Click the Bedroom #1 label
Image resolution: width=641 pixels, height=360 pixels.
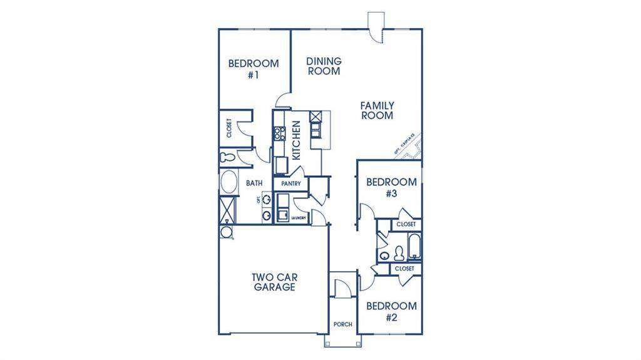[x=253, y=68]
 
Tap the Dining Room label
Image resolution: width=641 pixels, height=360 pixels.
[x=324, y=66]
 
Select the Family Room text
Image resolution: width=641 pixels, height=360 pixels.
[x=377, y=111]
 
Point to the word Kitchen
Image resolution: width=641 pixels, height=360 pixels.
[x=297, y=140]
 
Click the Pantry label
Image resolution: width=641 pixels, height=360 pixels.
[x=291, y=184]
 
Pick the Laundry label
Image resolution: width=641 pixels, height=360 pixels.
[x=298, y=217]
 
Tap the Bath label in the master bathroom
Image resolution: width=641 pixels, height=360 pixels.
[x=254, y=183]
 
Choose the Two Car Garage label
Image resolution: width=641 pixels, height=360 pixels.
[x=274, y=282]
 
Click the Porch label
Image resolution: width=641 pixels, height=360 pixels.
[x=342, y=324]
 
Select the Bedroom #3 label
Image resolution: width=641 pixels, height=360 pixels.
[x=391, y=188]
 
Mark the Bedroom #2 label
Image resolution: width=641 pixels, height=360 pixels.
[x=391, y=312]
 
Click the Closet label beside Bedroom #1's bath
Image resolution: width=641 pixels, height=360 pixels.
[x=229, y=128]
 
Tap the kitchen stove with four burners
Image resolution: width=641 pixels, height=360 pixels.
[x=279, y=133]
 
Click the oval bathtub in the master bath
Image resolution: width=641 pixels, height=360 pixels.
[x=227, y=183]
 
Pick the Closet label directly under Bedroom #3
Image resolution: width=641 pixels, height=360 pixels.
[x=406, y=224]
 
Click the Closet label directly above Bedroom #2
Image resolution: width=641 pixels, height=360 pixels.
[x=404, y=269]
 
